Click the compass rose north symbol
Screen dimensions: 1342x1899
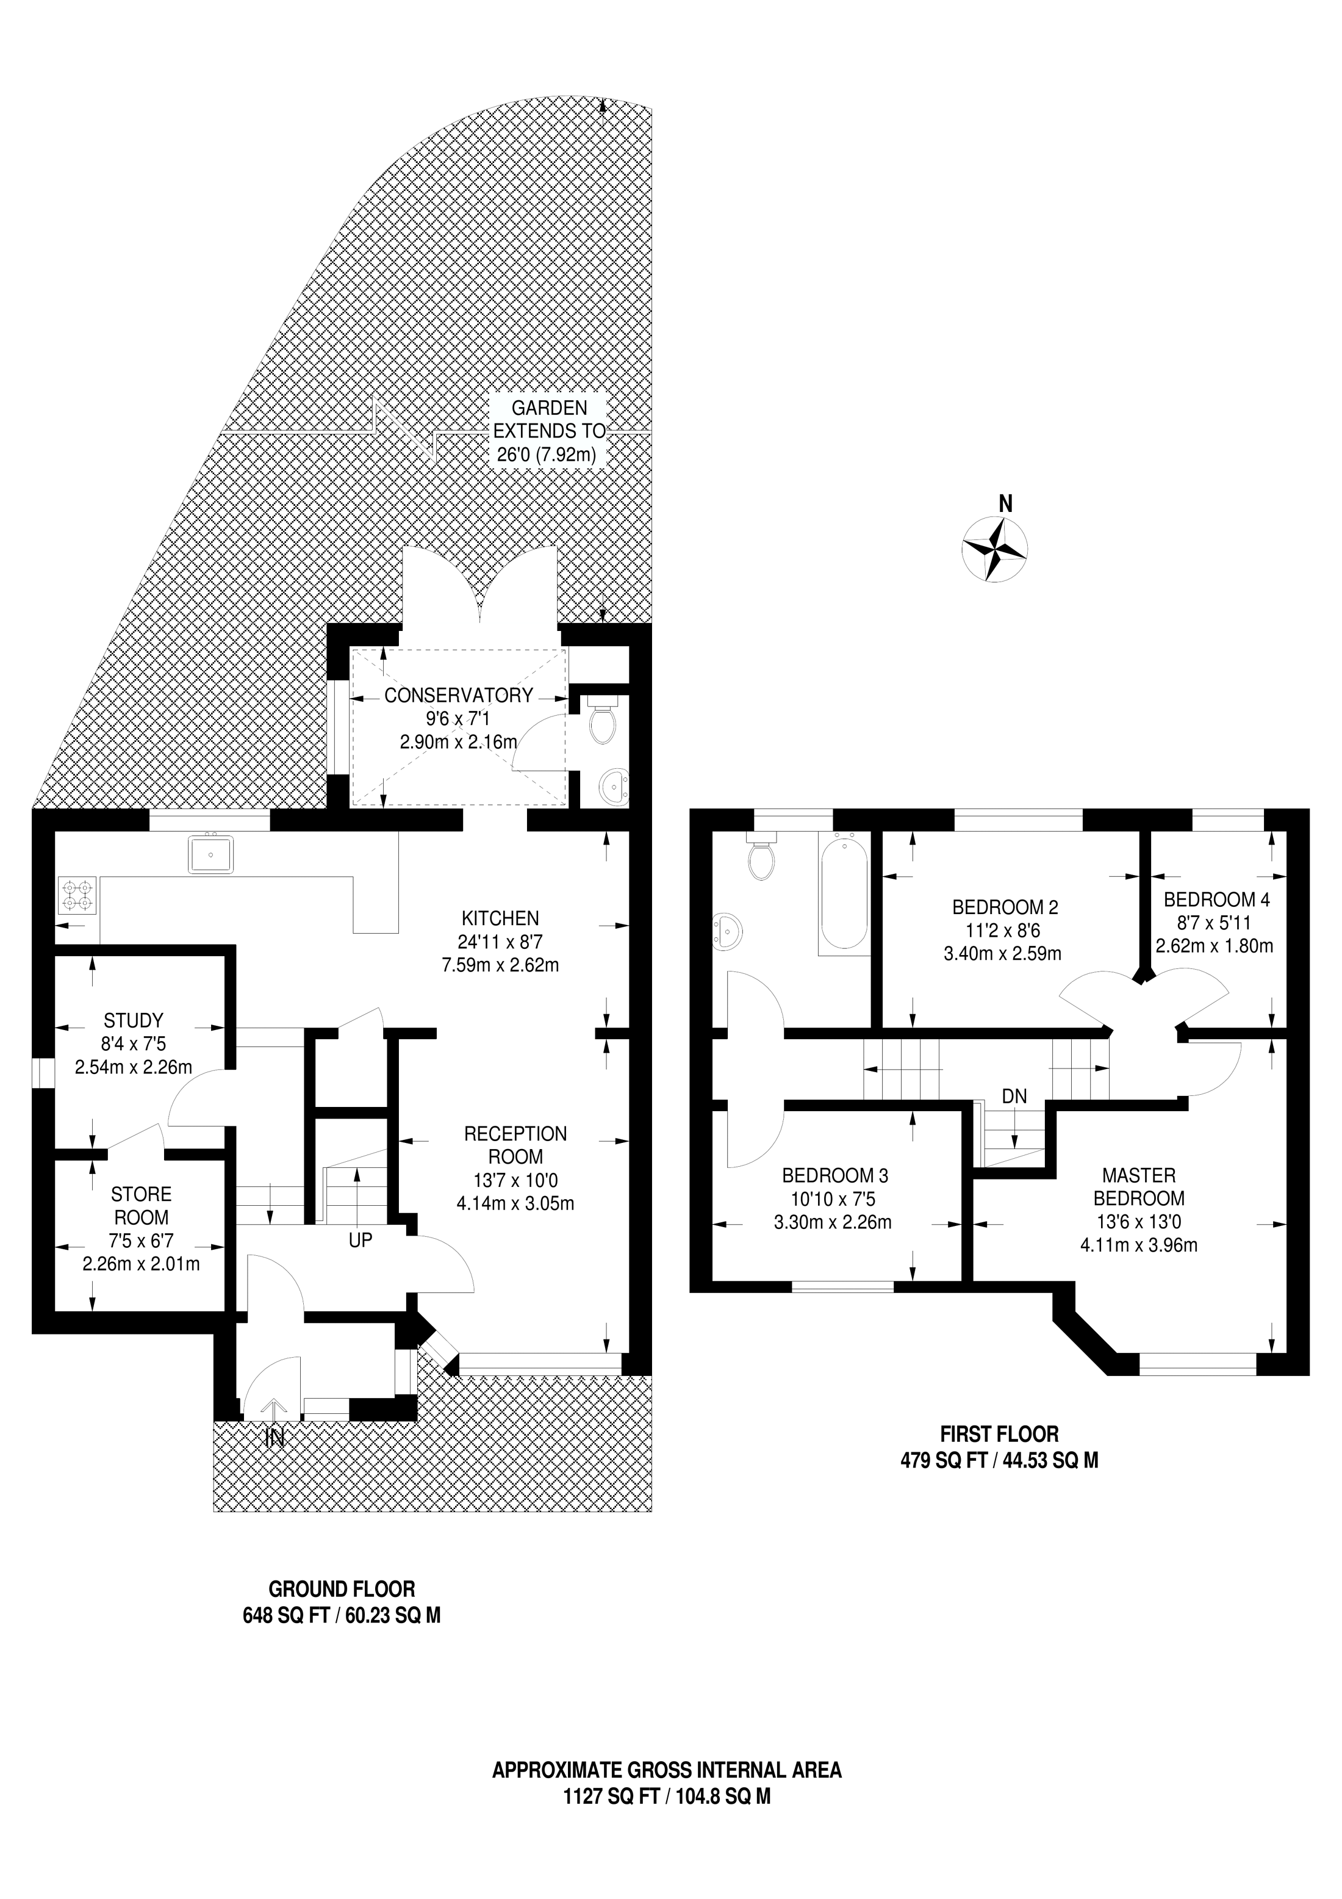[x=995, y=549]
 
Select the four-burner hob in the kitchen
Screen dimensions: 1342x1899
[x=77, y=896]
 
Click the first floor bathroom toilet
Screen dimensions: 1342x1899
[x=761, y=855]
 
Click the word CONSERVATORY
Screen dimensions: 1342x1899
[x=459, y=696]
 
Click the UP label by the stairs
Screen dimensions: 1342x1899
[x=361, y=1241]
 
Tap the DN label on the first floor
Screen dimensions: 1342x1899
[x=1014, y=1097]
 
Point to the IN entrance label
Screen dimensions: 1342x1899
[x=274, y=1439]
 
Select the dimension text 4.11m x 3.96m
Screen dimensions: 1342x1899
[x=1139, y=1245]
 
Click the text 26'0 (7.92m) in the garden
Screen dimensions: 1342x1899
[x=547, y=454]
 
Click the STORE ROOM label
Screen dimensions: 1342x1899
[x=142, y=1206]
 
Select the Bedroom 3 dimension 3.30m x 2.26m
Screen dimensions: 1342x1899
[x=833, y=1222]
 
